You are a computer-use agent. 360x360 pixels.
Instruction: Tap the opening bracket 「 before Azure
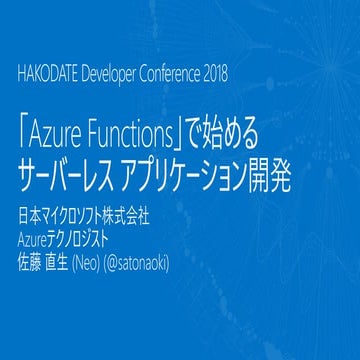25,131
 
